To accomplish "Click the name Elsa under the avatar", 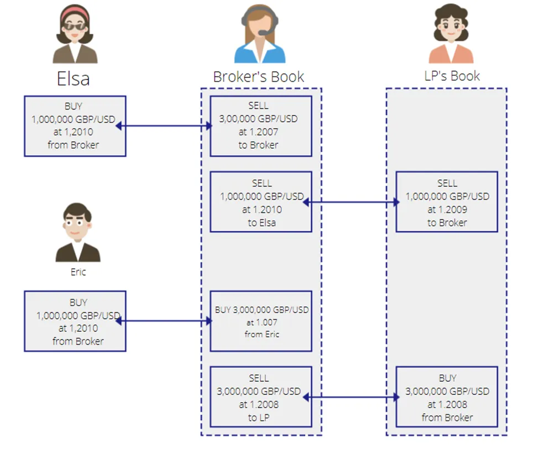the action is tap(73, 79).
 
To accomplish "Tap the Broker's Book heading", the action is tap(259, 77).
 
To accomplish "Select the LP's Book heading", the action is tap(452, 76).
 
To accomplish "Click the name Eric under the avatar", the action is tap(78, 272).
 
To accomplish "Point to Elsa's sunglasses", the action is tap(75, 27).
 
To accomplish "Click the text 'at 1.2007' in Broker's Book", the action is tap(259, 132).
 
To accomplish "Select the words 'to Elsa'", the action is tap(262, 222).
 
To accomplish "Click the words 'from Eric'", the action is tap(262, 334).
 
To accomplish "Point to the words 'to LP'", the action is tap(259, 418).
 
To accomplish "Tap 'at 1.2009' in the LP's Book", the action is tap(447, 210).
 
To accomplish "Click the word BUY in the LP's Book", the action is tap(447, 378).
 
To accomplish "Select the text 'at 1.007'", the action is tap(262, 322).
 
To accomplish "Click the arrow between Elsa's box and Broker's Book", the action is tap(164, 126).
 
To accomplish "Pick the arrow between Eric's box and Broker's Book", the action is tap(164, 321).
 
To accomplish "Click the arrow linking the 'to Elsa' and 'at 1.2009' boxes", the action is tap(351, 202).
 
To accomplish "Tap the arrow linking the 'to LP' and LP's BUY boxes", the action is tap(351, 397).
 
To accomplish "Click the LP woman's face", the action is tap(451, 28).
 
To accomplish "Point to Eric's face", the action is tap(77, 225).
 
